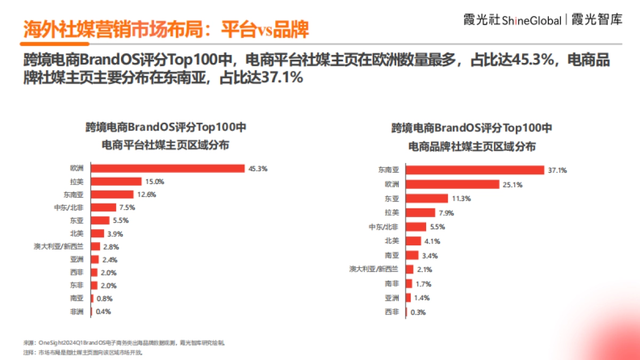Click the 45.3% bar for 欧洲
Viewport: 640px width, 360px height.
point(168,169)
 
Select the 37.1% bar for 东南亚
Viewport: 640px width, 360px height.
point(475,171)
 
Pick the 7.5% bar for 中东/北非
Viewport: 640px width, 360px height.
point(103,207)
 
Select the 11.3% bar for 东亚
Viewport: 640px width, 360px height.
point(427,199)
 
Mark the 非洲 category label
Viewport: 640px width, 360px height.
point(77,311)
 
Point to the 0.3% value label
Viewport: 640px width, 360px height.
point(418,313)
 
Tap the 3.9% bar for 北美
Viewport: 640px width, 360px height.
point(98,234)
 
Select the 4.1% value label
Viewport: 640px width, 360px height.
point(432,241)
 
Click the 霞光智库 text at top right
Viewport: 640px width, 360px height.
point(597,20)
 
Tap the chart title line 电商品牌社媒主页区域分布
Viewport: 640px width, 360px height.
point(472,147)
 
